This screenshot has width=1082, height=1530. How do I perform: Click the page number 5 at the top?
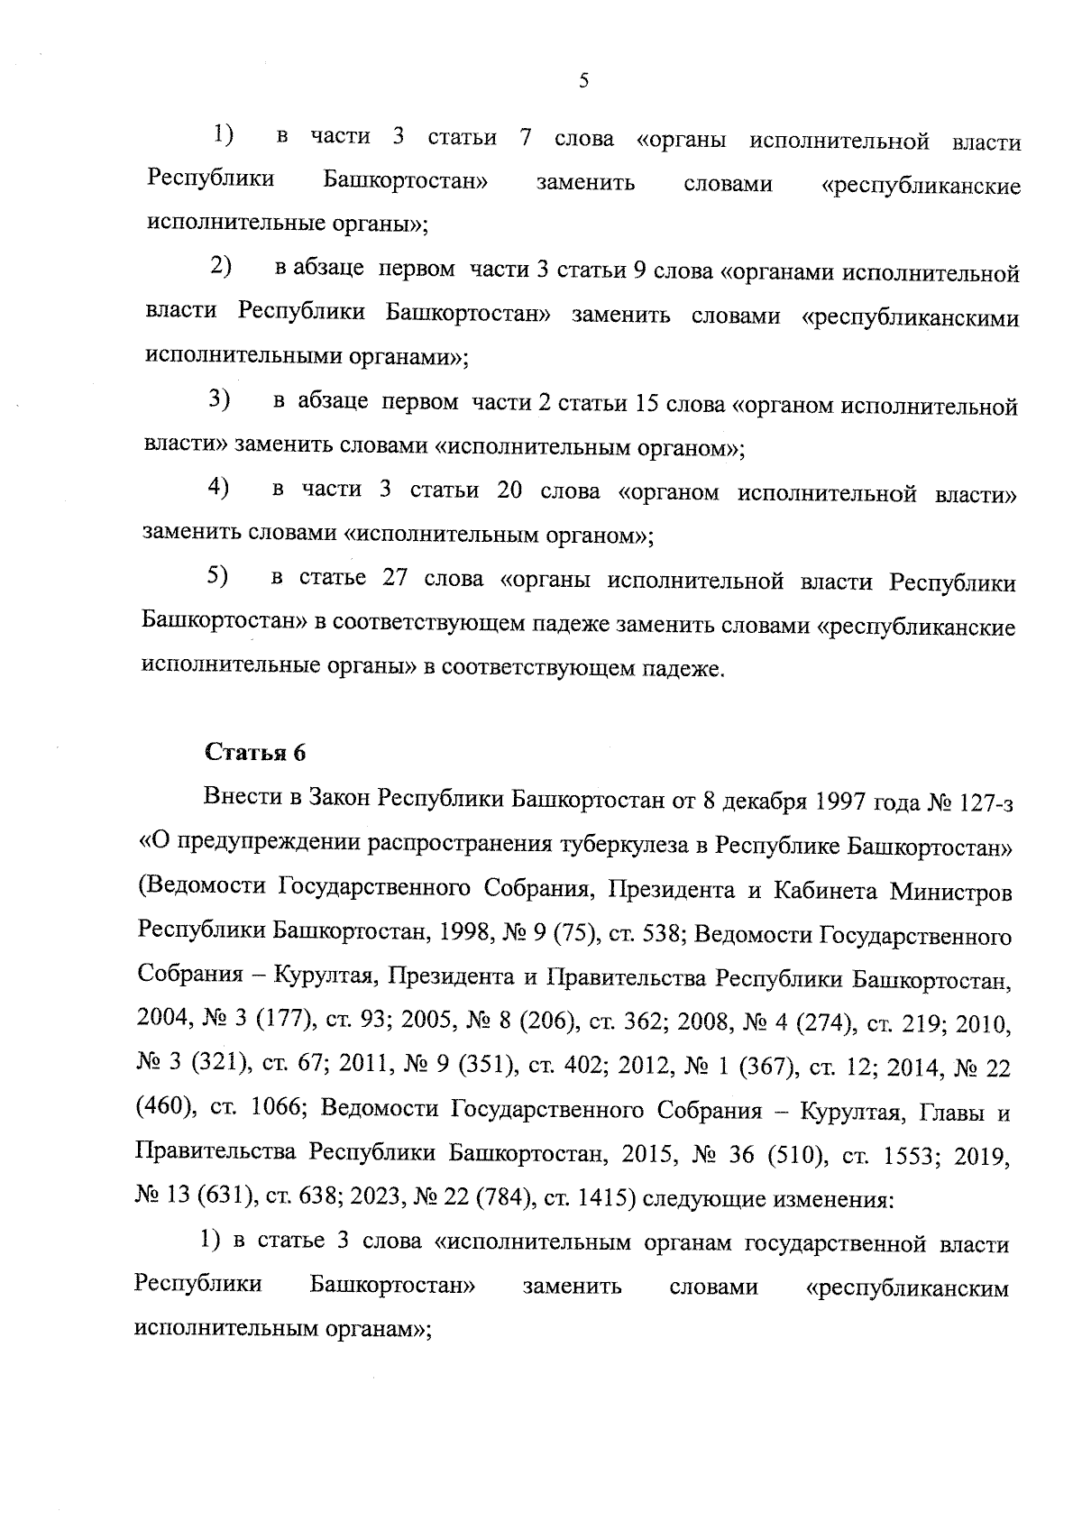pos(583,81)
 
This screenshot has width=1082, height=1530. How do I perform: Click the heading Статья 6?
pos(256,753)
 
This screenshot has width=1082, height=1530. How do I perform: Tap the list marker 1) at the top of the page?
pos(223,135)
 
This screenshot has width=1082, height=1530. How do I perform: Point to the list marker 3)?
pos(219,398)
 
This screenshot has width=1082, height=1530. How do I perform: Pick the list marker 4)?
pos(218,488)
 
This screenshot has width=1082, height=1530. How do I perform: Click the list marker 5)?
pos(217,575)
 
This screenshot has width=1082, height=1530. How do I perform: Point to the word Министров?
pos(950,891)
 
